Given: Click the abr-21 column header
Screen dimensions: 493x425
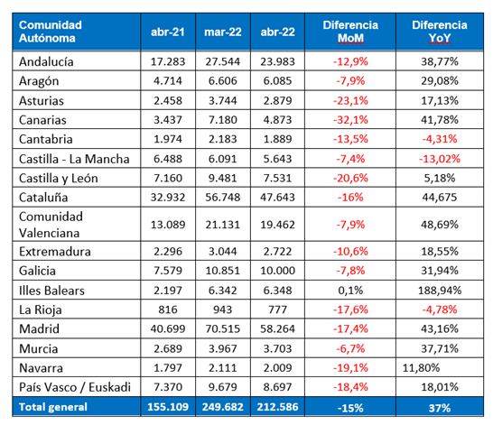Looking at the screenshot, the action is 168,32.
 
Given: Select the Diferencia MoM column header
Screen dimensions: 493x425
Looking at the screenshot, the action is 350,32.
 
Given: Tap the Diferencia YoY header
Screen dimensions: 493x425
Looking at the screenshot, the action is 440,32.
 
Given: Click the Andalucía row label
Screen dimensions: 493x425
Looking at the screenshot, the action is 46,61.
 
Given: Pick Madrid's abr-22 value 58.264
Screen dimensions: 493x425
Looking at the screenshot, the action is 277,328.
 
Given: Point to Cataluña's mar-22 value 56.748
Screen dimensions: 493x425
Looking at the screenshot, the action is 223,198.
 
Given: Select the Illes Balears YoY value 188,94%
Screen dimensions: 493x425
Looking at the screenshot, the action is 440,291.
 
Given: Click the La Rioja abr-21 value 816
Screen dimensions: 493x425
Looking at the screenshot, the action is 168,310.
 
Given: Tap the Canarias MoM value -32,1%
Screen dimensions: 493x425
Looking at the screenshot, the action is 350,120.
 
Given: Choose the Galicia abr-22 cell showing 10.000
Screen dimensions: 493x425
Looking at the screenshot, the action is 277,271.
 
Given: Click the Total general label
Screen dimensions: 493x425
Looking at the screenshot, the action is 52,407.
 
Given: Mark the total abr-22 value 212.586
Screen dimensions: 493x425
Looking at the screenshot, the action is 277,407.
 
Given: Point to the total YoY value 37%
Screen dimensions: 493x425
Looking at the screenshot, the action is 440,408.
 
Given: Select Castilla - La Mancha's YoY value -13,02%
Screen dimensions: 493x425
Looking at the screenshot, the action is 440,159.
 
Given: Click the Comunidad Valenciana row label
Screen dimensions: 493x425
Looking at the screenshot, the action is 51,225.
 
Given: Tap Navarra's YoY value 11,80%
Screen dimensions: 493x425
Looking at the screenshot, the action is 421,367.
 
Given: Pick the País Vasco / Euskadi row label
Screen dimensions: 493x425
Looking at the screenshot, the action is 75,387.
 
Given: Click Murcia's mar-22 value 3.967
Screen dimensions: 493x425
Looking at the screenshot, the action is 223,348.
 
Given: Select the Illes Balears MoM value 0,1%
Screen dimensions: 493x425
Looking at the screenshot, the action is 350,291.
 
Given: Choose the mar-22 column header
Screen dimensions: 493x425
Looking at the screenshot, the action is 223,32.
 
